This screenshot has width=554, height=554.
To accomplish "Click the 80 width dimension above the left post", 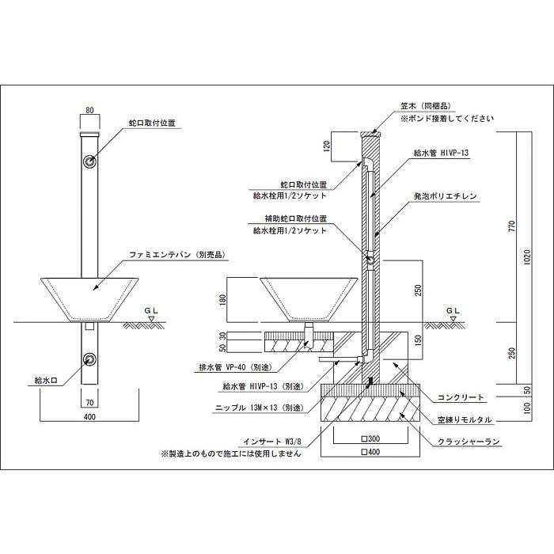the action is tap(89, 110).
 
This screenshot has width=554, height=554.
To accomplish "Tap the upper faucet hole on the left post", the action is tap(89, 161).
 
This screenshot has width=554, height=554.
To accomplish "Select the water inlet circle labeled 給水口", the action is tap(89, 359).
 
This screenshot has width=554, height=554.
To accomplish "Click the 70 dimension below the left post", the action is tap(89, 402).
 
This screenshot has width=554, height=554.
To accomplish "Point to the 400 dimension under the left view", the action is tap(89, 417).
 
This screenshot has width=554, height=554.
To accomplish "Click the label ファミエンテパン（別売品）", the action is tap(177, 254).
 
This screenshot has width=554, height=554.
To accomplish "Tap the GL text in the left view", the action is tap(151, 310).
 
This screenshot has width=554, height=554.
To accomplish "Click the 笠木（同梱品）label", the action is tap(426, 105).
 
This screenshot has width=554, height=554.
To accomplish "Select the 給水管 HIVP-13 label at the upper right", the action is tap(442, 153).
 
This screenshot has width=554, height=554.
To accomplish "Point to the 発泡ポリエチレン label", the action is tap(445, 196).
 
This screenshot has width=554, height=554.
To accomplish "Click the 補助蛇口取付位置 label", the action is tap(295, 218).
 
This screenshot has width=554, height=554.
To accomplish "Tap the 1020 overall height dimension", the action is tap(527, 257).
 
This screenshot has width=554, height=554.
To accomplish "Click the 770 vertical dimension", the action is tap(512, 226).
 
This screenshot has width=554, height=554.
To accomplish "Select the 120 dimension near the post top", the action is tap(326, 146).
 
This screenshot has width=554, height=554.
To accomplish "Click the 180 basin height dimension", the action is tap(222, 300).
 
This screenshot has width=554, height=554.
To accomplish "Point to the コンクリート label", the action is tap(461, 397).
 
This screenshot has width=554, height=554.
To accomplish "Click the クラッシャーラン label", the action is tap(469, 442).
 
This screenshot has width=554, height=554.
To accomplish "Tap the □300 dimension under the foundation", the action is tap(370, 438).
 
